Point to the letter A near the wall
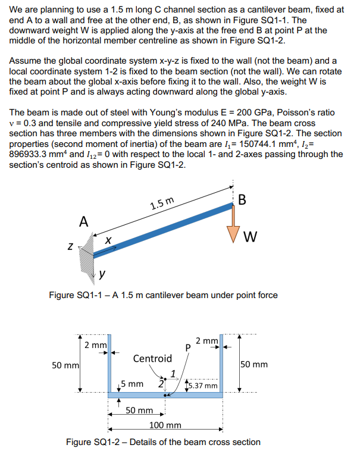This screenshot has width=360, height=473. (x=84, y=222)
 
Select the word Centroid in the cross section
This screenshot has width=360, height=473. (x=152, y=359)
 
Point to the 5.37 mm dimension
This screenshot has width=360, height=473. (x=204, y=386)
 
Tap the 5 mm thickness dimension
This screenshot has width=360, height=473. (x=131, y=384)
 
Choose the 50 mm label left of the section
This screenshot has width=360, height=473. (x=62, y=364)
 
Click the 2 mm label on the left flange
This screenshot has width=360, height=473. (x=95, y=345)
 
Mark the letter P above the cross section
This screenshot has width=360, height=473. (x=189, y=347)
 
